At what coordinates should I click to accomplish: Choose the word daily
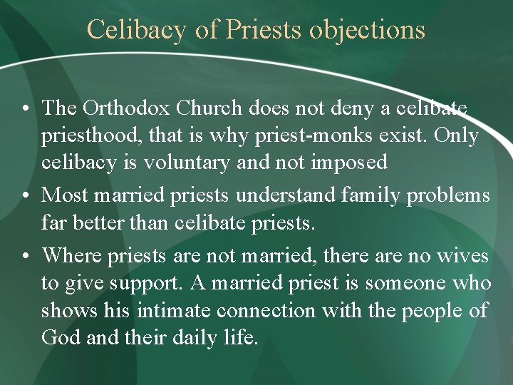[x=195, y=337]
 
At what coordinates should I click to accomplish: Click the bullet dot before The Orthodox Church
[x=25, y=110]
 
